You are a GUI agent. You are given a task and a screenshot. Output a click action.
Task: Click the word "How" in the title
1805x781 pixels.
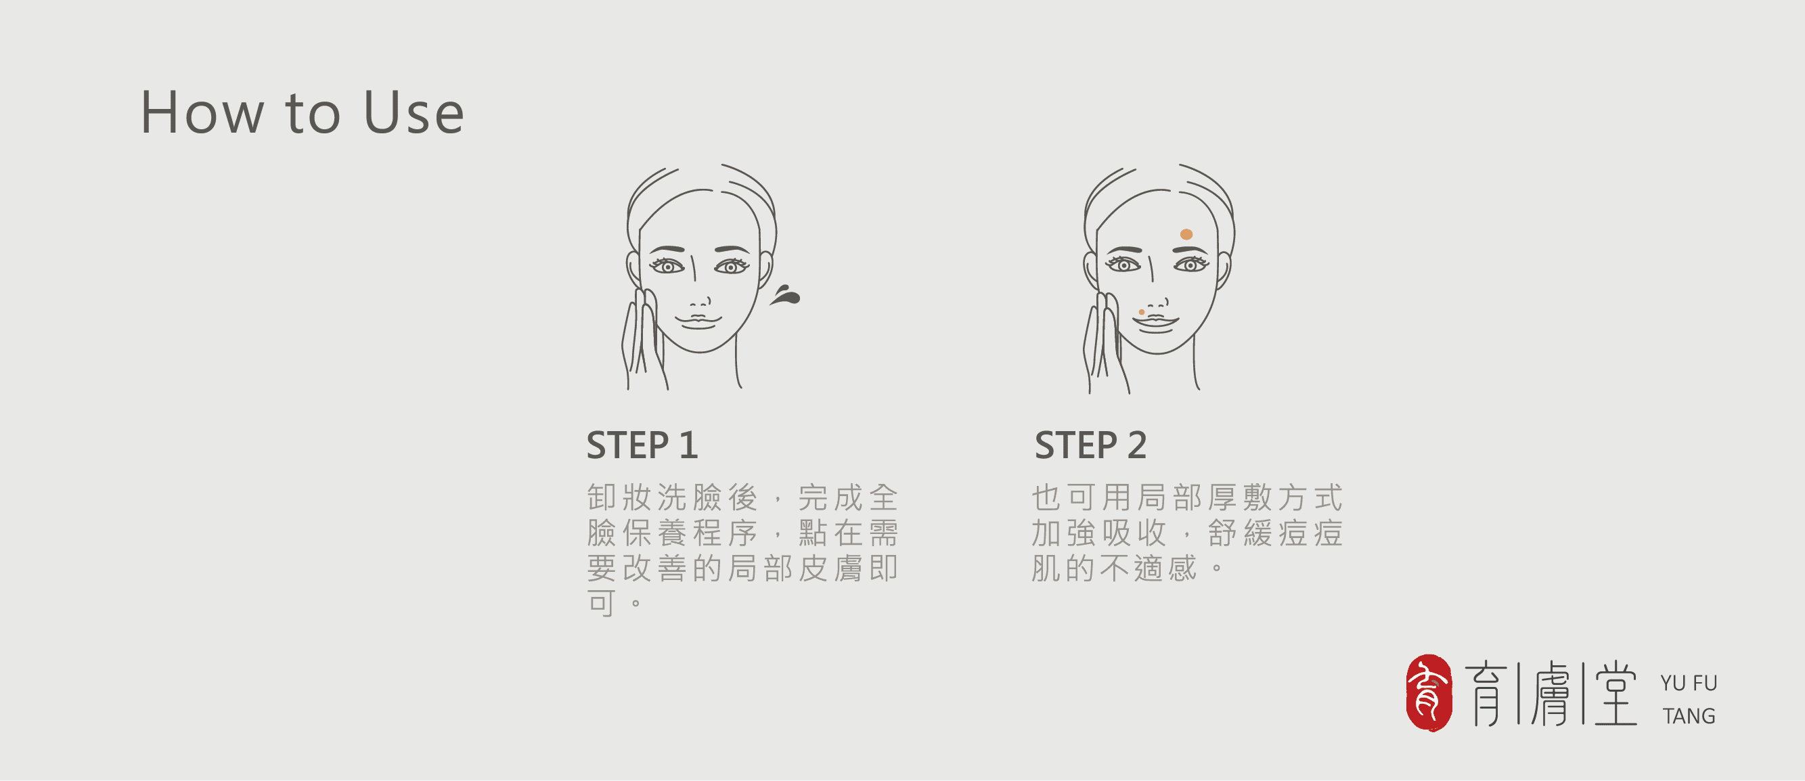pos(202,112)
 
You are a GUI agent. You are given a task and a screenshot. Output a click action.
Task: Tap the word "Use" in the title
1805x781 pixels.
pos(414,112)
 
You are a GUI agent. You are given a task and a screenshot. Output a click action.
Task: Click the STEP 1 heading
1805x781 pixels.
pos(642,445)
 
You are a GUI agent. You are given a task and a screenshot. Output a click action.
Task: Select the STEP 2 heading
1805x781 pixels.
pos(1090,445)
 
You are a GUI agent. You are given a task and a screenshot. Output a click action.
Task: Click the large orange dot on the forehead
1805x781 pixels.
pos(1186,234)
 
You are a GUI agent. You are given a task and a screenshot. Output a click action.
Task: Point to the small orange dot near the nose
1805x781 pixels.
pos(1142,312)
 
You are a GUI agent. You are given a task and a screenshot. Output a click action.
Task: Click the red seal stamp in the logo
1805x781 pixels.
pos(1429,693)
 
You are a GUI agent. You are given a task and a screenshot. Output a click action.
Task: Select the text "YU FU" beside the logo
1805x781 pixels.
pos(1689,683)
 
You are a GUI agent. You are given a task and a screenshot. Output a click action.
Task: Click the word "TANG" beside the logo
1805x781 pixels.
pos(1689,716)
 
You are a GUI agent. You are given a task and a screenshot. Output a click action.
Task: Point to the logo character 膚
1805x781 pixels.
pos(1551,694)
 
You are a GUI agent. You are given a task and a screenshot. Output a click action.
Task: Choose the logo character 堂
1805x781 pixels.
pos(1615,694)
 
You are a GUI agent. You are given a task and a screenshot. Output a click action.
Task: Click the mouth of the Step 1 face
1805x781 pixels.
pos(698,321)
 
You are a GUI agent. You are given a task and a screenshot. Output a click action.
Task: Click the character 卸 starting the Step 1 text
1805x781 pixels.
pos(601,497)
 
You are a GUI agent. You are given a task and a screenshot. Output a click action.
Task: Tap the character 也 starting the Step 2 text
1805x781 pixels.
pos(1046,497)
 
